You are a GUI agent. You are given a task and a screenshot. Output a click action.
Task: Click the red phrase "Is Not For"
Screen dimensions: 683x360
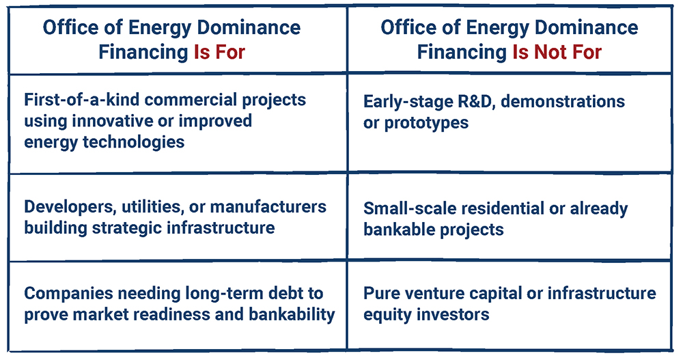tap(557, 53)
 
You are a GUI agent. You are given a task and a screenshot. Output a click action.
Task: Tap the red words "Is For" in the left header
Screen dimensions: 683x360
tap(219, 53)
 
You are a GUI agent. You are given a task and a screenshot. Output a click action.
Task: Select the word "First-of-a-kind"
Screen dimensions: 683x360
tap(81, 100)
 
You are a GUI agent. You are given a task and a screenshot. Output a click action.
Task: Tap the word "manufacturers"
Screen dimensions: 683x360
tap(268, 206)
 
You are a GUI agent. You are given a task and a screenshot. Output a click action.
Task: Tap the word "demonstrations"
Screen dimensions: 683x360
tap(563, 101)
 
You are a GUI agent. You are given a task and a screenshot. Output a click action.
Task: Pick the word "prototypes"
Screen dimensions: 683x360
tap(426, 124)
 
